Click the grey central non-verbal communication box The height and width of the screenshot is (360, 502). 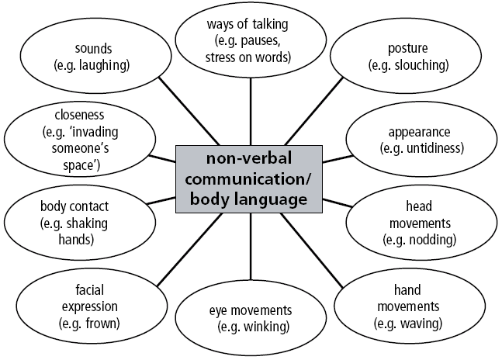tap(251, 179)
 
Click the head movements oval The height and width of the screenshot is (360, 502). tap(420, 223)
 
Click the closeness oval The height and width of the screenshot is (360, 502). tap(68, 139)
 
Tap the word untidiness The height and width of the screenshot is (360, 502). tap(433, 147)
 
